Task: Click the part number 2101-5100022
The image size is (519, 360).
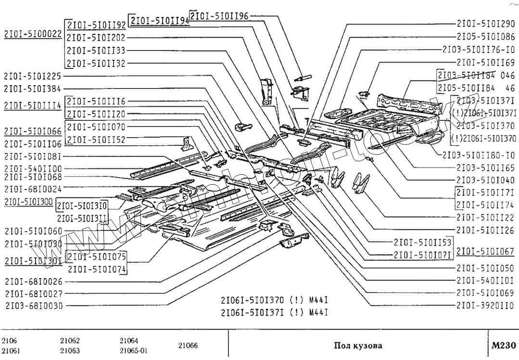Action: click(x=33, y=34)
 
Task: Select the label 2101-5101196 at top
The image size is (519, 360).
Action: click(x=219, y=15)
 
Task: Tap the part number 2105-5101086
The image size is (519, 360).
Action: click(x=485, y=36)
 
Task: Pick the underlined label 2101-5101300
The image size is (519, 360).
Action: click(x=28, y=202)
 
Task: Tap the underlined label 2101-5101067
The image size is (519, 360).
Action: click(x=485, y=251)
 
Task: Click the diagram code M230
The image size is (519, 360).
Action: click(x=504, y=345)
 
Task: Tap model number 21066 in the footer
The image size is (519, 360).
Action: click(x=188, y=345)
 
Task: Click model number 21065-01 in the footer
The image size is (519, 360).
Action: click(x=134, y=350)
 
